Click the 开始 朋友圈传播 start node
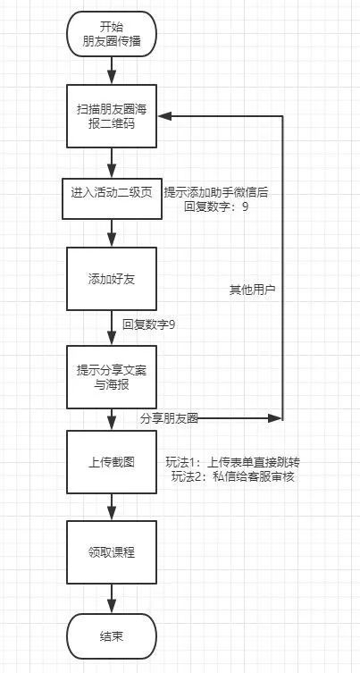point(112,34)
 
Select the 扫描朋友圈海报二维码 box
point(112,116)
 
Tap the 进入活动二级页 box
point(112,198)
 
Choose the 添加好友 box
point(112,279)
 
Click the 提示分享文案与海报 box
point(112,377)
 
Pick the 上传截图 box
point(112,462)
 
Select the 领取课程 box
point(112,552)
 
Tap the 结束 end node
point(112,636)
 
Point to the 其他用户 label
point(252,290)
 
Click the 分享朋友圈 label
point(169,418)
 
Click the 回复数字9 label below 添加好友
point(149,324)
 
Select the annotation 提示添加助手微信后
point(216,193)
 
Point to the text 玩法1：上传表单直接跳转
point(232,462)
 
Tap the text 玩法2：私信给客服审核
point(232,476)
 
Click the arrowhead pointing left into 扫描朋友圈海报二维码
point(165,116)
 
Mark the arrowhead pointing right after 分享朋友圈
point(274,417)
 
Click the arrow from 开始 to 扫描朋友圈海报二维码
point(112,71)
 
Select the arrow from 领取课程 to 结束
point(112,598)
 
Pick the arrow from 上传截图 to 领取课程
point(112,507)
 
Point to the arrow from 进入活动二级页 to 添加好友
point(112,233)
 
